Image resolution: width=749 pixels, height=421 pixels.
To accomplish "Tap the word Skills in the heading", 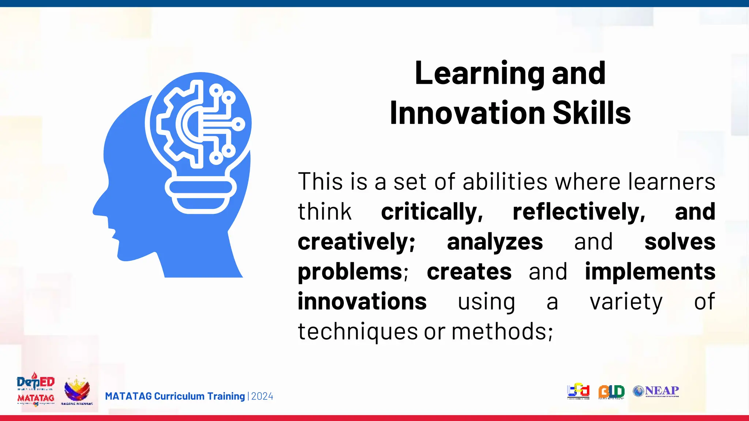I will pos(591,113).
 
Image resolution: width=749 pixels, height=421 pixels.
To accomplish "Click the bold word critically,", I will pos(432,212).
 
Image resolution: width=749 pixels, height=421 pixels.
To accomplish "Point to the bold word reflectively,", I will pos(579,212).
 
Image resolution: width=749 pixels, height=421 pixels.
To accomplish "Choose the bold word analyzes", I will pos(495,242).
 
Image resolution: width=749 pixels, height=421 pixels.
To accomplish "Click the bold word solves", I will pos(680,242).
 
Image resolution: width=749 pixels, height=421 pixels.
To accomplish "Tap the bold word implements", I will pos(650,272).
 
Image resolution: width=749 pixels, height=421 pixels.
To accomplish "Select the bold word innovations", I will pos(362,302).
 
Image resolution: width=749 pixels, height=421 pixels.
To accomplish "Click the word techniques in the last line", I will pos(358,332).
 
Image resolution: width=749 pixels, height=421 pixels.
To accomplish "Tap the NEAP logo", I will pos(656,391).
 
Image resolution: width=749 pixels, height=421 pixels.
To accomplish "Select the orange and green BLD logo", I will pos(611,392).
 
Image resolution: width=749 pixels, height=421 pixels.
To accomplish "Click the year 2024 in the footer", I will pos(262,397).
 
